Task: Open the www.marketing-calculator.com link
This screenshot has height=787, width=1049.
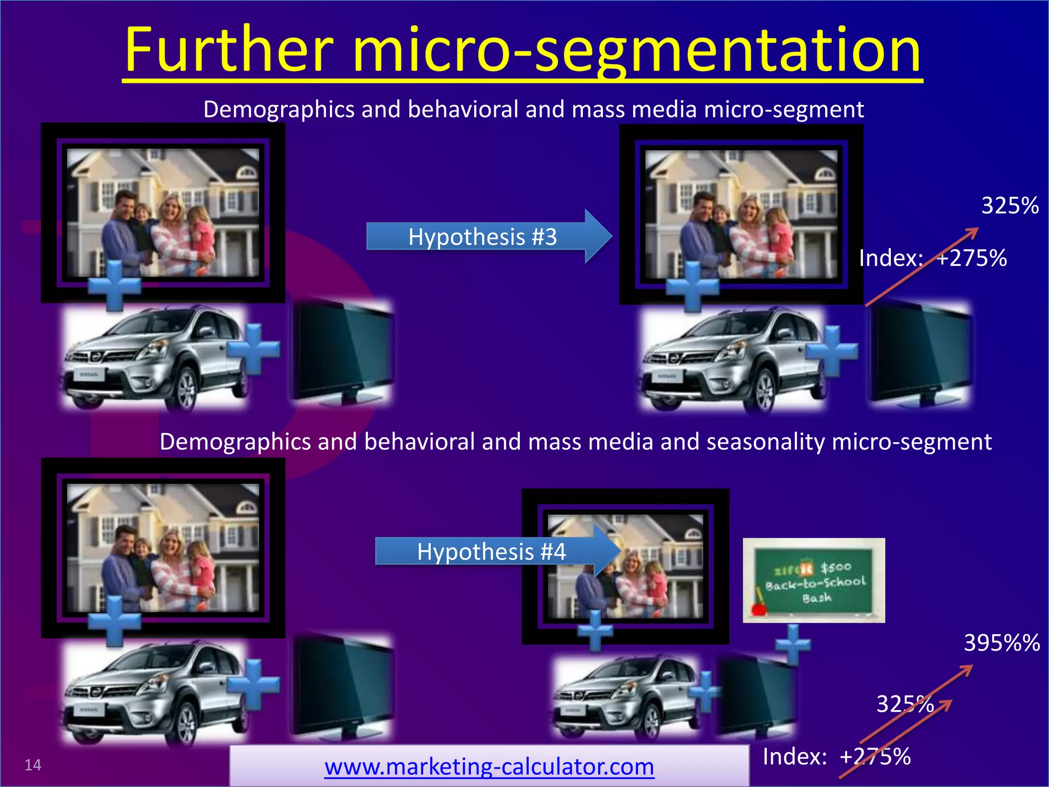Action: (489, 767)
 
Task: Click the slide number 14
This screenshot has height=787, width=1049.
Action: (33, 765)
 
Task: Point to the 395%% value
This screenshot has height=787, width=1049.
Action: (1001, 643)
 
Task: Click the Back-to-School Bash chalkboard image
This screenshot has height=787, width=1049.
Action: (813, 580)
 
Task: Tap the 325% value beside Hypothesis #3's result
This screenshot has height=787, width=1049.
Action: (1010, 205)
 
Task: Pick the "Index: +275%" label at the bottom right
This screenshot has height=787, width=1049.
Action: (836, 756)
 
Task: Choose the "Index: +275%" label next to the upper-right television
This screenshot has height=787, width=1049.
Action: (933, 258)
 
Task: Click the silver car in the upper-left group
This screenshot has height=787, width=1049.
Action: (154, 359)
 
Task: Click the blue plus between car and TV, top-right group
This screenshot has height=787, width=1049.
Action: (831, 351)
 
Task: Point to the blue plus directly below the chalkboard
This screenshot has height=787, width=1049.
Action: (793, 644)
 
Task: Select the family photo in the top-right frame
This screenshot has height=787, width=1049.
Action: (741, 214)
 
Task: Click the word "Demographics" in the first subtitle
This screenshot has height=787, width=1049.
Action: (279, 109)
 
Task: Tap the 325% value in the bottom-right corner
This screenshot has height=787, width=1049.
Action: (905, 704)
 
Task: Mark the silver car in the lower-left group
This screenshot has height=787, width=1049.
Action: (154, 692)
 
